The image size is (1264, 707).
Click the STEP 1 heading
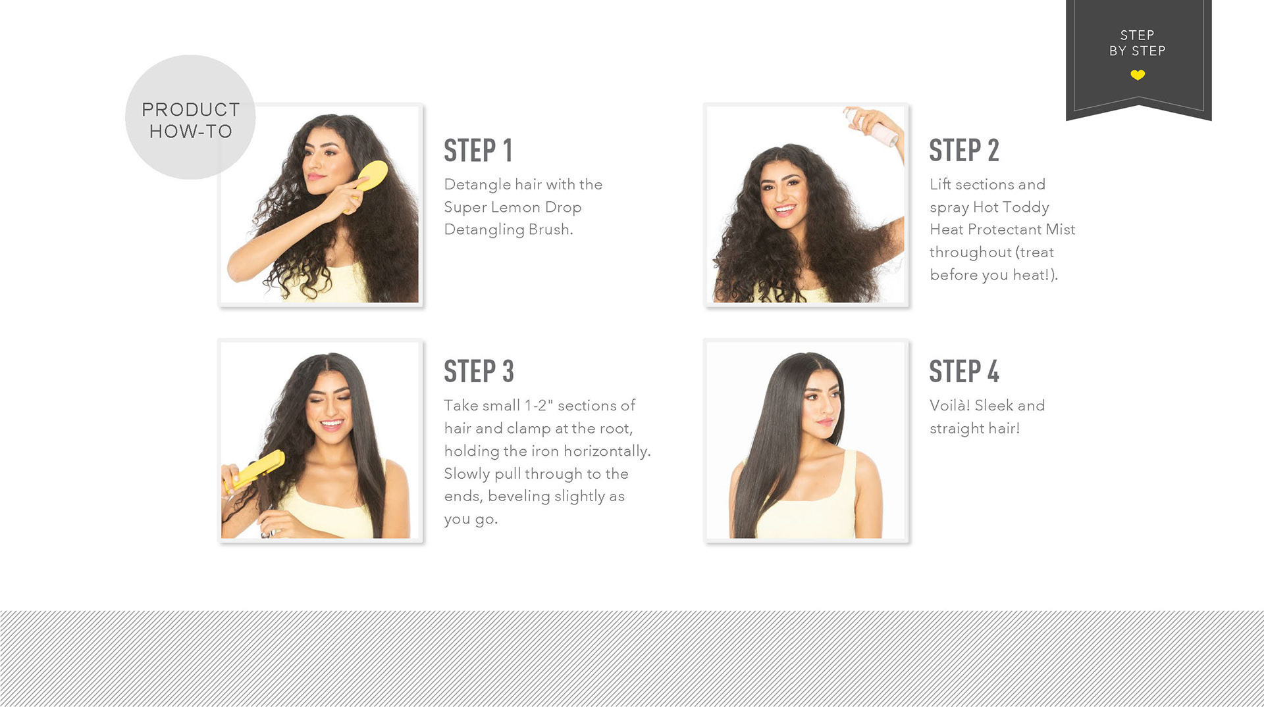tap(478, 151)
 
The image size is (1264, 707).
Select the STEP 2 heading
tap(964, 151)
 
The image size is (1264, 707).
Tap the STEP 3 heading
tap(479, 372)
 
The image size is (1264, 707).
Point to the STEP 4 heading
tap(964, 372)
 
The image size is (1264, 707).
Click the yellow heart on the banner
tap(1138, 75)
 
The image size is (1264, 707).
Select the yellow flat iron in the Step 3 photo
tap(255, 471)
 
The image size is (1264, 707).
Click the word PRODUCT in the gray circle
tap(191, 110)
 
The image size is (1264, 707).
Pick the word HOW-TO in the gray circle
tap(191, 132)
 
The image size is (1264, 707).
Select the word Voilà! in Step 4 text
tap(949, 405)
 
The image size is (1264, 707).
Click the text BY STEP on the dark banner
tap(1138, 51)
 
